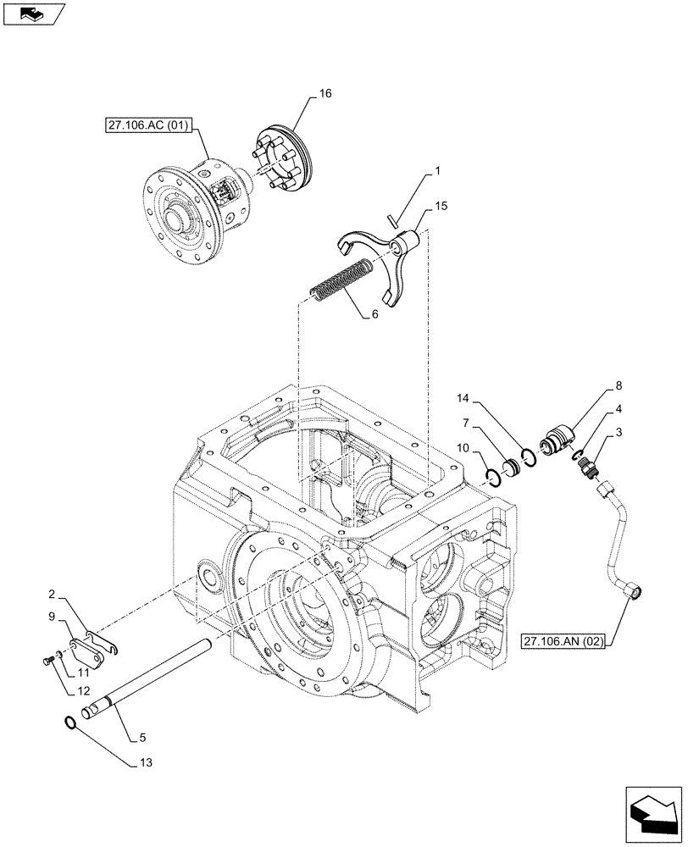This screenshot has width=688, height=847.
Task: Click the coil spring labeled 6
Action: [x=342, y=283]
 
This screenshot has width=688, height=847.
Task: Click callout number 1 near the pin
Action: [x=436, y=171]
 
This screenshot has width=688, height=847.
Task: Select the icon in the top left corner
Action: [x=34, y=14]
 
